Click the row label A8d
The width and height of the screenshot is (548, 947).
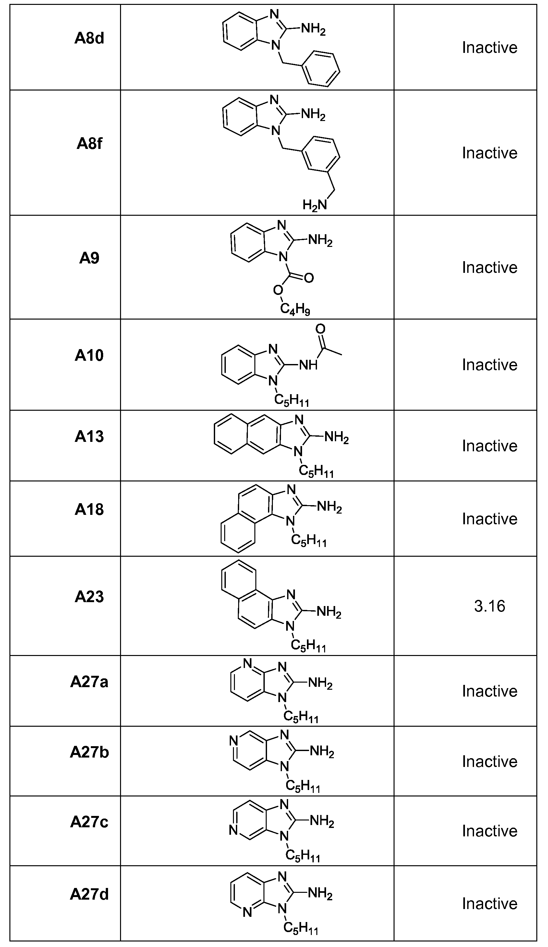(x=89, y=38)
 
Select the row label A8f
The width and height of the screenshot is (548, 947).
(x=89, y=143)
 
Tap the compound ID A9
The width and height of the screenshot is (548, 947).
(x=89, y=258)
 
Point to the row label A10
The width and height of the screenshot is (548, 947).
(x=89, y=355)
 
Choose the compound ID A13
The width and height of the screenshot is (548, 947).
(x=89, y=436)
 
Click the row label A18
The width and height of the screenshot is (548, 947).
(x=89, y=509)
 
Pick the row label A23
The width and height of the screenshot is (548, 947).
(x=89, y=596)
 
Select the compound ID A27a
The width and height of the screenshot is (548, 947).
(x=89, y=682)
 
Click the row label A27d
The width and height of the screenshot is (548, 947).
(x=89, y=894)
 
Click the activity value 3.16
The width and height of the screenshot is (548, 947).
(x=489, y=606)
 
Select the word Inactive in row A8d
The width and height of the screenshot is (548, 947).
(x=489, y=48)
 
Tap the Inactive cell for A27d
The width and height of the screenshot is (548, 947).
(x=489, y=904)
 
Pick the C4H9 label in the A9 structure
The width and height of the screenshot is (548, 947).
(x=295, y=309)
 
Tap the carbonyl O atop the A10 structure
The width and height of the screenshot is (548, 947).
(x=320, y=329)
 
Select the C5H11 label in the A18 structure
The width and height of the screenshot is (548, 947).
(x=309, y=541)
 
